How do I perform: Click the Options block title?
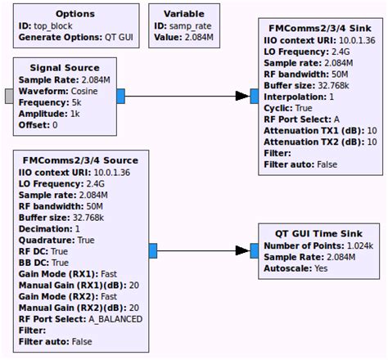(74, 14)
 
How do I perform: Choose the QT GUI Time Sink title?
(318, 232)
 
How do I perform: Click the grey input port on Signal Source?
(9, 97)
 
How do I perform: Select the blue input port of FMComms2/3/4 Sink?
(255, 97)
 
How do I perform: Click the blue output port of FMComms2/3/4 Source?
(152, 250)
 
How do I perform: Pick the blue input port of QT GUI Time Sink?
(255, 250)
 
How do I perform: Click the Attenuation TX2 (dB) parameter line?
(322, 141)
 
